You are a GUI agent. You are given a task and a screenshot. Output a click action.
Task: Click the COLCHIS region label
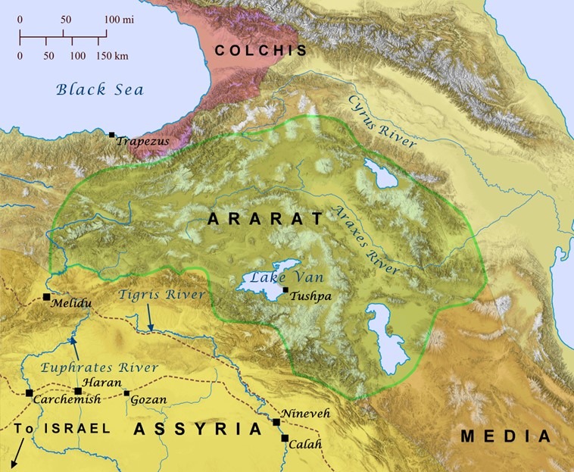pyautogui.click(x=260, y=52)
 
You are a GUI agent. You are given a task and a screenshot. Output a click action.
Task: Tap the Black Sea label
pyautogui.click(x=100, y=90)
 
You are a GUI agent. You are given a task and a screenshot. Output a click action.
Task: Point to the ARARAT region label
pyautogui.click(x=265, y=220)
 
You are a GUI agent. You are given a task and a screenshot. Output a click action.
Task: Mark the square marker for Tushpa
pyautogui.click(x=285, y=290)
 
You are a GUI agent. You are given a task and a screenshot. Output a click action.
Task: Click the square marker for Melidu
pyautogui.click(x=47, y=296)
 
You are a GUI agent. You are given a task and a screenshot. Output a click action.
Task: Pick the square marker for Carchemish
pyautogui.click(x=29, y=393)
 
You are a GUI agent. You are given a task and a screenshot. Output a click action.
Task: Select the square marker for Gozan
pyautogui.click(x=126, y=392)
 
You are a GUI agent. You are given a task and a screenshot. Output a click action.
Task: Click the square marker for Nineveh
pyautogui.click(x=277, y=422)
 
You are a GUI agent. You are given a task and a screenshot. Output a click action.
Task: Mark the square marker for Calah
pyautogui.click(x=285, y=438)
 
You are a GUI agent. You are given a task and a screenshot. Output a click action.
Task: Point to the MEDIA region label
pyautogui.click(x=506, y=436)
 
